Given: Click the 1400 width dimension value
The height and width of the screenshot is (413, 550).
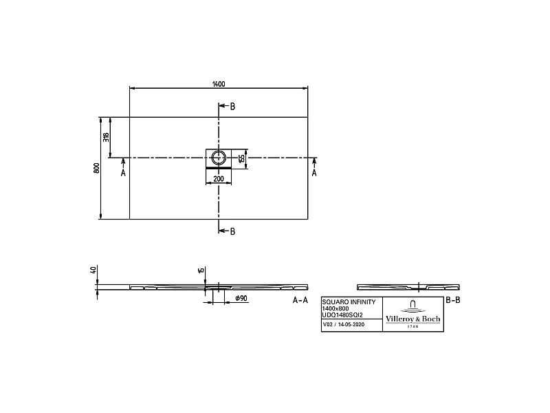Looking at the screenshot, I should pos(219,84).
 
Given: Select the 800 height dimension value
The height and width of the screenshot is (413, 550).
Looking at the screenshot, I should pos(97,168).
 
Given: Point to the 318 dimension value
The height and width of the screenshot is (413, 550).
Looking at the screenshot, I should pos(106,137).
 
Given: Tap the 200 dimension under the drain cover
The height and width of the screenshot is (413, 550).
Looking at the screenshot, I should pos(219,178).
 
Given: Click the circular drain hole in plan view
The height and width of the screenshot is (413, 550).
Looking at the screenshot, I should pos(219,157).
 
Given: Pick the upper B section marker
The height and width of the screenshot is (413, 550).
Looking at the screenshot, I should pos(232,107).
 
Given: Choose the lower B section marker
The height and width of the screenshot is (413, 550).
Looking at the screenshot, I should pos(232,231).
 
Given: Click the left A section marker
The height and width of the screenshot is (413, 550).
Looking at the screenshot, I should pos(123,173).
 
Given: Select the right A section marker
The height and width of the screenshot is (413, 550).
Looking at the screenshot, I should pos(314,173).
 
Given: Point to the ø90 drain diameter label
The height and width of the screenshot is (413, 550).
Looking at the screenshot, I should pos(241,298).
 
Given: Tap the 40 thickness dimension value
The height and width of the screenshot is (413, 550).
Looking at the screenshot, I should pos(93,271).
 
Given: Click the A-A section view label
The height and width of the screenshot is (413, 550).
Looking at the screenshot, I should pos(300,301).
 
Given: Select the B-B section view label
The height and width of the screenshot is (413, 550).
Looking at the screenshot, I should pos(452,300).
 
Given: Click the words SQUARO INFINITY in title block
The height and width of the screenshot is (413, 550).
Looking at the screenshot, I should pos(349,302).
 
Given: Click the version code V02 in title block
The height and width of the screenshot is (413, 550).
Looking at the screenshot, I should pos(328,324).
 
